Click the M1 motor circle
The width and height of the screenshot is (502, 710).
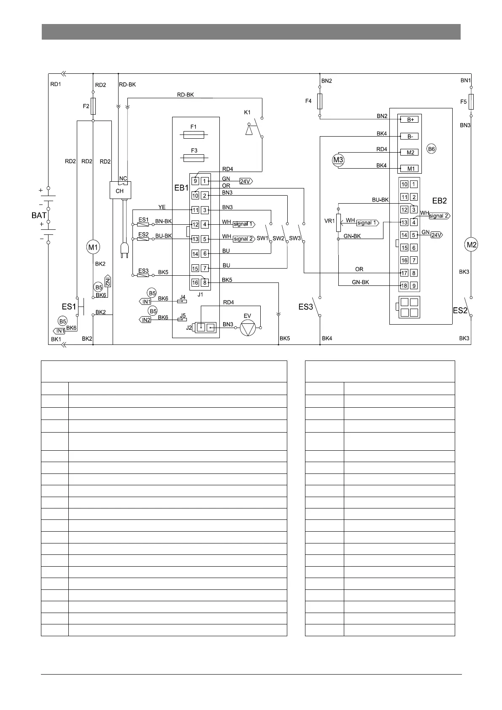(x=93, y=247)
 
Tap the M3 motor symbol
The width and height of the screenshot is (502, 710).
(x=338, y=160)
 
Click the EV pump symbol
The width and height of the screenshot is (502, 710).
(x=248, y=328)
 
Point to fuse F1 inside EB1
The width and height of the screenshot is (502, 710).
(x=194, y=135)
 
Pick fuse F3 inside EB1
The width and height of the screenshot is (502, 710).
(x=194, y=158)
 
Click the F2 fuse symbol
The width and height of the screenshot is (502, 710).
(x=93, y=106)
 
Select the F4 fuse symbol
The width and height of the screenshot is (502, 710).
(x=320, y=101)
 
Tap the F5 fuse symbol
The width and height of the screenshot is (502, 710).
(x=471, y=101)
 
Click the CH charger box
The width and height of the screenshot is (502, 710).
(x=120, y=191)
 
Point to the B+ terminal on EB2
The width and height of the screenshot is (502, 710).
(x=410, y=120)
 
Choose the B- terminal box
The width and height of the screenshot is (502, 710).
(x=410, y=137)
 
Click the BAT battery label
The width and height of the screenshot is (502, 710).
(x=39, y=215)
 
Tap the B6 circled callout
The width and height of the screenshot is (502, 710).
(x=431, y=149)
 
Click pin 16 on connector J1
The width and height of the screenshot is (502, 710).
(x=195, y=282)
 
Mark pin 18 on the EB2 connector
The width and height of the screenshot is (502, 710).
(x=404, y=285)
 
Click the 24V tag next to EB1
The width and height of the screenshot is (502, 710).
(x=246, y=181)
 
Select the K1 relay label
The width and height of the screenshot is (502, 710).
(x=247, y=113)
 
